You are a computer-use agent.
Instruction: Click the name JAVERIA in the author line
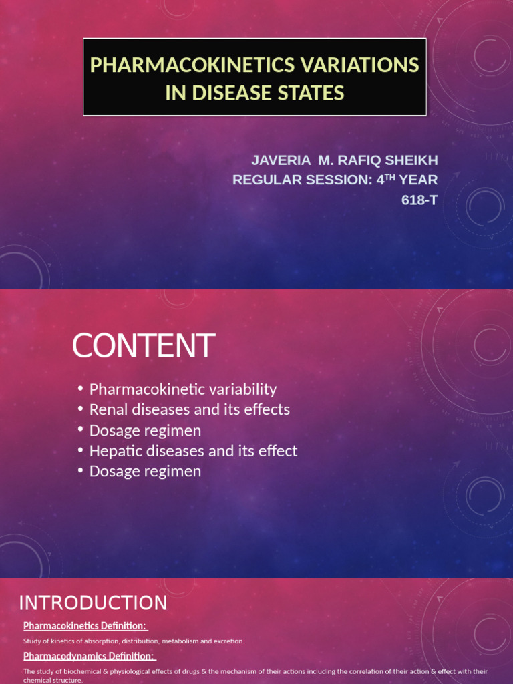click(x=281, y=160)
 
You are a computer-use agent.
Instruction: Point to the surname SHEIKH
click(x=411, y=160)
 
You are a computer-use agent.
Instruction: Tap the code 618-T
click(x=419, y=200)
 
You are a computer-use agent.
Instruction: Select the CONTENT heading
click(x=143, y=345)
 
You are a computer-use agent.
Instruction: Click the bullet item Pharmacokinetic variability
click(x=182, y=389)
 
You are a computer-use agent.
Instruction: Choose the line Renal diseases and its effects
click(x=189, y=409)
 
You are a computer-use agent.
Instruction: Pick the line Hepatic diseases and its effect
click(x=193, y=451)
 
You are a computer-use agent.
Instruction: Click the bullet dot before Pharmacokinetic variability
click(x=80, y=389)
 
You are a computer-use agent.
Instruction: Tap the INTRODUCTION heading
click(x=93, y=603)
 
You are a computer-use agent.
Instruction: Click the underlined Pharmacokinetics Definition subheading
click(x=85, y=626)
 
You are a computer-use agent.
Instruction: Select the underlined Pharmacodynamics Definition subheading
click(x=89, y=656)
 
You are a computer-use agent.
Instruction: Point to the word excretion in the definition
click(x=228, y=641)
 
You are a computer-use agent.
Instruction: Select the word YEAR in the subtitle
click(x=418, y=180)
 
